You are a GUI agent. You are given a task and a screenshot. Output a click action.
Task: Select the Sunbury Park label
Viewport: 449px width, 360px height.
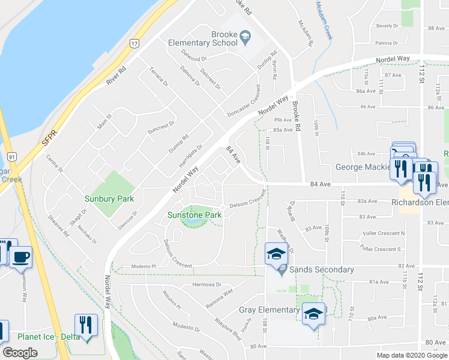pos(109,199)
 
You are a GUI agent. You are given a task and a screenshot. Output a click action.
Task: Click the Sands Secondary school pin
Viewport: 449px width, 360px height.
pos(276,255)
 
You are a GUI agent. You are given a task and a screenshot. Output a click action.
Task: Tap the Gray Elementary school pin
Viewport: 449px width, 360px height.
pos(313,314)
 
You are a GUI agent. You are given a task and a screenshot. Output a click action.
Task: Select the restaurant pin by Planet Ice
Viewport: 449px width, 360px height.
pos(85,326)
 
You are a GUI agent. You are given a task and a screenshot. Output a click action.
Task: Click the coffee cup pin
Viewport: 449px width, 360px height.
pos(20,257)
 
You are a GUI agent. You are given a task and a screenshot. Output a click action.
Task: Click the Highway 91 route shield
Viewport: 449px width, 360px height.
pos(11,157)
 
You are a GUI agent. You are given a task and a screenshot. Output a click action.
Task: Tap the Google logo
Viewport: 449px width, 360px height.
pos(20,353)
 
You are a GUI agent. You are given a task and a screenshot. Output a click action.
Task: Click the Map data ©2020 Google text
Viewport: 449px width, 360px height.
pos(411,355)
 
